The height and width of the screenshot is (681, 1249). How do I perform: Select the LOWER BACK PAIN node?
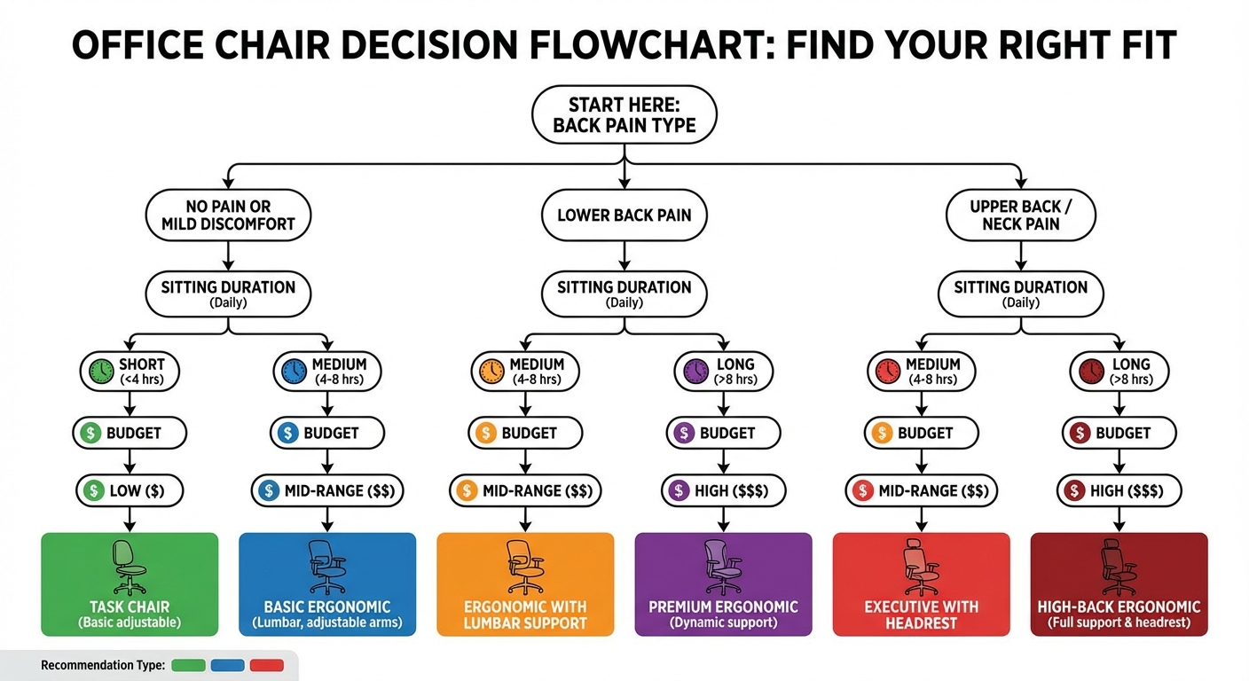tap(624, 215)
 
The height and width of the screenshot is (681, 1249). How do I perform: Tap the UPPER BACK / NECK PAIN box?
tap(1020, 215)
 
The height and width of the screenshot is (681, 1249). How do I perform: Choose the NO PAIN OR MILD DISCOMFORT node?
tap(228, 215)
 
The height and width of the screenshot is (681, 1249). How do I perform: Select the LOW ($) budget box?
tap(130, 490)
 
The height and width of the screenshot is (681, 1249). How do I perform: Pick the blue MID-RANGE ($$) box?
tap(327, 490)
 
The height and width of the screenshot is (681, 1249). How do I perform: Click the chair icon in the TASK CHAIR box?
tap(130, 567)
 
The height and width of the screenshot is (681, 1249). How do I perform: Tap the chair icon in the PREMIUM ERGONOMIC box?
tap(723, 567)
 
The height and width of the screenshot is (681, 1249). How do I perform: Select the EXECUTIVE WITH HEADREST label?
tap(921, 614)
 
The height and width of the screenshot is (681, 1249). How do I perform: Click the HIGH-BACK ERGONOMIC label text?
tap(1119, 607)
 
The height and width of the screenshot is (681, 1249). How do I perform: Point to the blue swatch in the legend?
tap(228, 665)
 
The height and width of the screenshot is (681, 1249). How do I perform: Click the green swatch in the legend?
tap(188, 665)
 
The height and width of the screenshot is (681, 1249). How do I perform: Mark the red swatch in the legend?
tap(267, 665)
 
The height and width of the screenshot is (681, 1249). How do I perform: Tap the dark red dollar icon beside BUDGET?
tap(1080, 434)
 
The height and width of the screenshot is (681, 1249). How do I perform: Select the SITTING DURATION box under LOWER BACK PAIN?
tap(624, 294)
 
